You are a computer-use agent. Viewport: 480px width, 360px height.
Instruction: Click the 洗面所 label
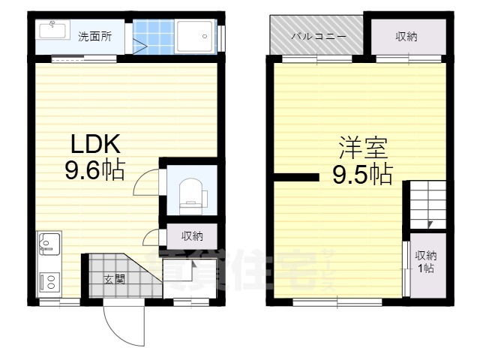(95, 36)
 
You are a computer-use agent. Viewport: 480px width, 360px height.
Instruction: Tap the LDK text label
(95, 144)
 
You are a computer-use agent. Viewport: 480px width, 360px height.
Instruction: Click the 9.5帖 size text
(362, 175)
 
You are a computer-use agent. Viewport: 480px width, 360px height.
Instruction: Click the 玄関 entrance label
(114, 280)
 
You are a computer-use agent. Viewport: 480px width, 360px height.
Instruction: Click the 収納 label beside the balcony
(406, 36)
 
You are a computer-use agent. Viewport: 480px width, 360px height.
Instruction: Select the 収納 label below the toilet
(192, 236)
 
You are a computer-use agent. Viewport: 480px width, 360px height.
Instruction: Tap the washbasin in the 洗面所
(52, 31)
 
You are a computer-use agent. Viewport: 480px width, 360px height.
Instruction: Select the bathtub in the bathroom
(197, 36)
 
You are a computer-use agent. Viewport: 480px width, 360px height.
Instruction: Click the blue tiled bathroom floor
(154, 36)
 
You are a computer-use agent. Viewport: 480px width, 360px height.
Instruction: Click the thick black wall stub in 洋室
(297, 178)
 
